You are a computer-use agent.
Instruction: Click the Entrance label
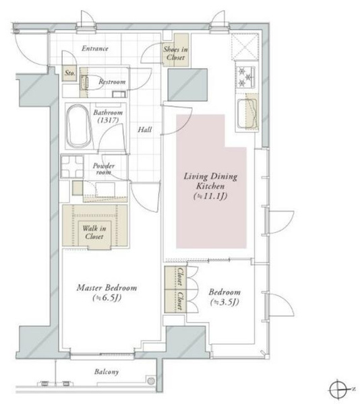[x=95, y=48]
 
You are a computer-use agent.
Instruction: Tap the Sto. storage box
[x=69, y=73]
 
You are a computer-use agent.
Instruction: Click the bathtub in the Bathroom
[x=79, y=126]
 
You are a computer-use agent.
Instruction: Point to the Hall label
[x=145, y=129]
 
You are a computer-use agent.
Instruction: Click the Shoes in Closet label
[x=175, y=53]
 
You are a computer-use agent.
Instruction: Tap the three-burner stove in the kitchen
[x=245, y=77]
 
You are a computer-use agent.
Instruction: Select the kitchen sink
[x=247, y=114]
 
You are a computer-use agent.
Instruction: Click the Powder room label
[x=104, y=169]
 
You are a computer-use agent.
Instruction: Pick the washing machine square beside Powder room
[x=72, y=166]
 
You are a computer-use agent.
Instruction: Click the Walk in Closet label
[x=94, y=232]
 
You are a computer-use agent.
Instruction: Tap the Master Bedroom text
[x=107, y=288]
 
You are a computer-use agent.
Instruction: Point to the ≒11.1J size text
[x=210, y=196]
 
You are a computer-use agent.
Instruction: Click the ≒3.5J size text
[x=224, y=302]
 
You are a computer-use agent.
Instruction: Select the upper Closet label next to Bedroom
[x=180, y=277]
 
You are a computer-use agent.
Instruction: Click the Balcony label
[x=107, y=372]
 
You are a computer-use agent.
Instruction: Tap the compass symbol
[x=338, y=389]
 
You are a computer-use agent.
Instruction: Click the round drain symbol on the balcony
[x=151, y=380]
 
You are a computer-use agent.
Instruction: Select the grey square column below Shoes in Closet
[x=187, y=85]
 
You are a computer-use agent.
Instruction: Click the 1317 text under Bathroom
[x=109, y=120]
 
